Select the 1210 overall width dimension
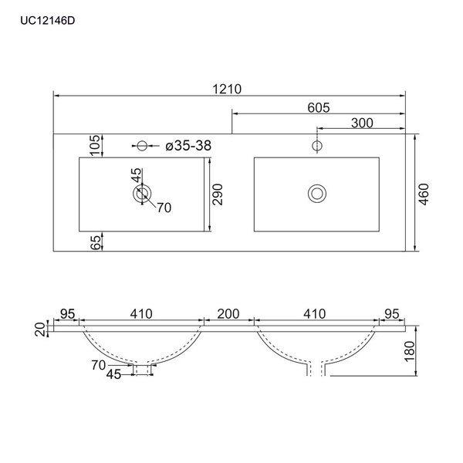point(228,89)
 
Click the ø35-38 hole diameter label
point(189,145)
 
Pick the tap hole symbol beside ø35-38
point(141,145)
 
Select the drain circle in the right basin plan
point(316,193)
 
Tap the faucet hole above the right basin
point(316,145)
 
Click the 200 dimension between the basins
point(228,314)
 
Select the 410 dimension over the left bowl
point(141,314)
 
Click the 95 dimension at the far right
point(393,314)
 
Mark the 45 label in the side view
point(113,376)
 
